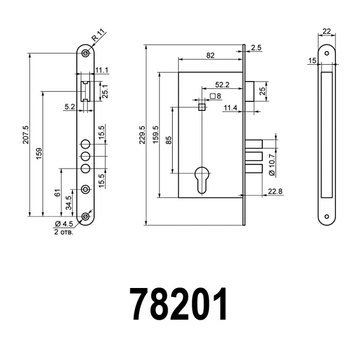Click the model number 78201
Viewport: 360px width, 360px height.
[x=179, y=305]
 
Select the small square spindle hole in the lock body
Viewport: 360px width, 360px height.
[x=201, y=107]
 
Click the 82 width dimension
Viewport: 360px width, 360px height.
[x=210, y=55]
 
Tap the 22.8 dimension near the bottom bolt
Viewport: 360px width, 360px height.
[x=275, y=191]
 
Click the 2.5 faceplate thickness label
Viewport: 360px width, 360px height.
[x=257, y=47]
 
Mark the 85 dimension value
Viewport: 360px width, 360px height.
[x=169, y=140]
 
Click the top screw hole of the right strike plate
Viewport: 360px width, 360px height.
[x=326, y=53]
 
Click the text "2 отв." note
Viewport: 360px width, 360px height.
[x=64, y=231]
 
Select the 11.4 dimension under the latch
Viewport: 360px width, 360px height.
[x=230, y=107]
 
